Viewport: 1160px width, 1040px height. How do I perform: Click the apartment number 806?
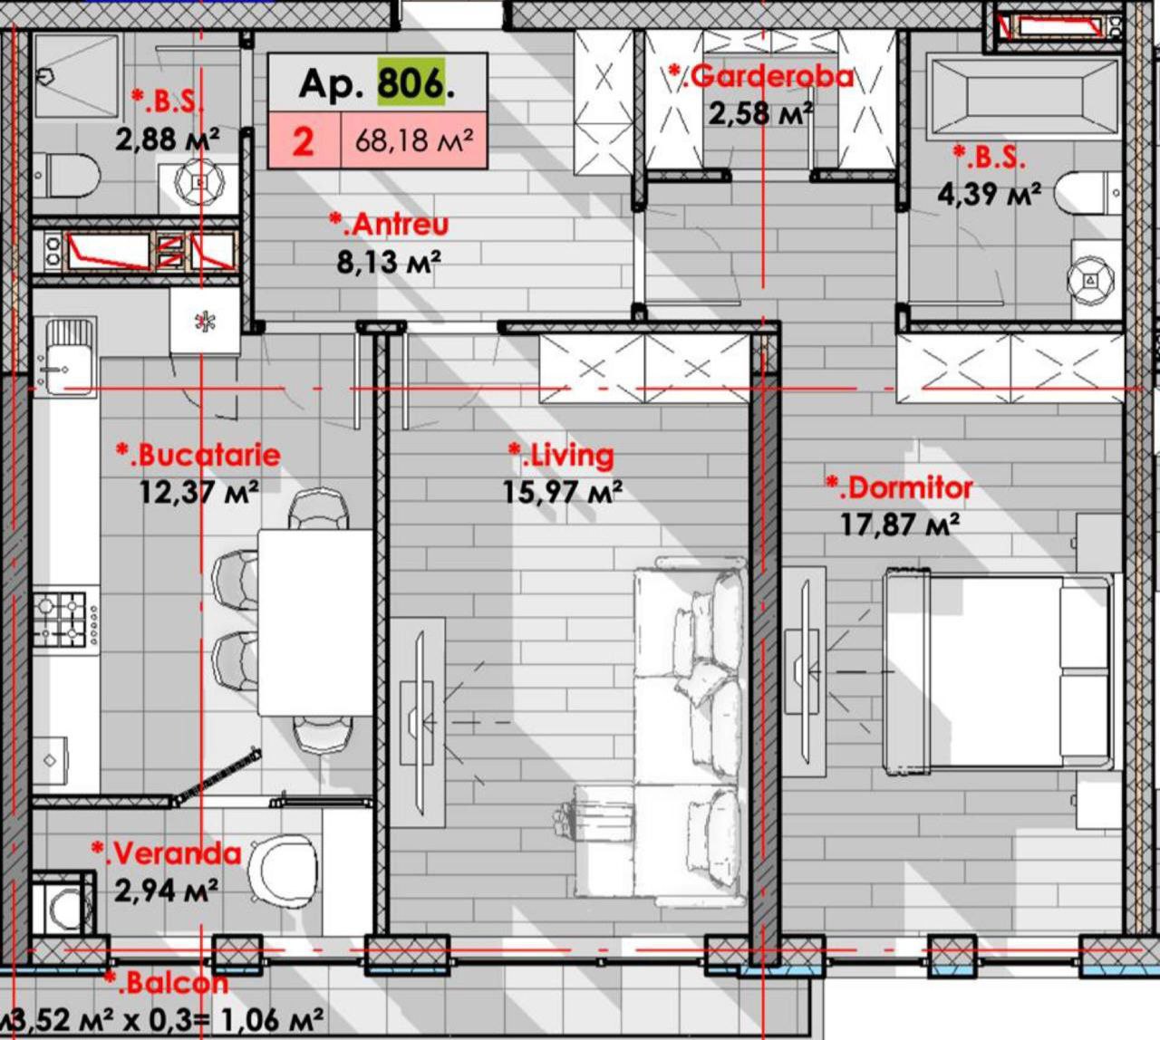tap(411, 83)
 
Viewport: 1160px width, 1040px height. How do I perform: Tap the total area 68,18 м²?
tap(414, 140)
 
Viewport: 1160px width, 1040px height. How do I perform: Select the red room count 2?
tap(303, 140)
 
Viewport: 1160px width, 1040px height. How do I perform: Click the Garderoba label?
tap(760, 76)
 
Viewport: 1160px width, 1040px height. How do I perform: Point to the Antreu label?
tap(389, 225)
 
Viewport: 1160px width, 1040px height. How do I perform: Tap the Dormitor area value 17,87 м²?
tap(900, 525)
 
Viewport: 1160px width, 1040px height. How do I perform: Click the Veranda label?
tap(166, 853)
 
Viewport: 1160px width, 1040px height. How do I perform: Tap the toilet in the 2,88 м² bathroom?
tap(65, 174)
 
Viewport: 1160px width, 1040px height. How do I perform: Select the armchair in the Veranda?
tap(283, 870)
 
